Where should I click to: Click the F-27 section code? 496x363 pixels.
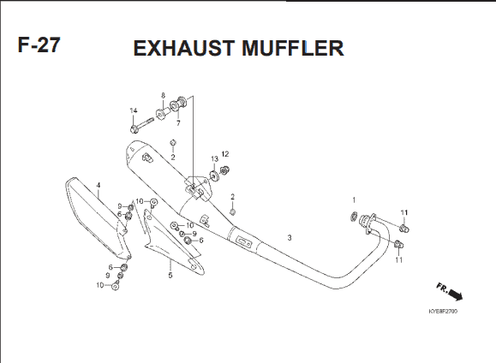point(39,45)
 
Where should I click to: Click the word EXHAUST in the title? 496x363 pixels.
point(184,49)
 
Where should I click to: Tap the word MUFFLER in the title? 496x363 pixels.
point(293,49)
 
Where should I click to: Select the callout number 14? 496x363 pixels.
point(134,110)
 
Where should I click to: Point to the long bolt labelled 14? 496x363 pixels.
point(141,124)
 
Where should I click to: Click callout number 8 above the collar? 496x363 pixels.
point(164,95)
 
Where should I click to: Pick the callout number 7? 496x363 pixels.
point(178,123)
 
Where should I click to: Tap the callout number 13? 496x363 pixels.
point(214,158)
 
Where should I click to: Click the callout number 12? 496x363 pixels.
point(225,154)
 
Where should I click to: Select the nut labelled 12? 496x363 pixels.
point(224,170)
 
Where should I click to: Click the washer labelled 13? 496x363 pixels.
point(214,175)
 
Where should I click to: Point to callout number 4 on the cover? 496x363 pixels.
point(99,185)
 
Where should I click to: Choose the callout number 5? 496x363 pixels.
point(170,276)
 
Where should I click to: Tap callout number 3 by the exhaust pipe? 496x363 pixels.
point(290,237)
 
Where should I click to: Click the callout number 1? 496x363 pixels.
point(354,199)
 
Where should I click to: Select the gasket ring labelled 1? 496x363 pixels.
point(354,217)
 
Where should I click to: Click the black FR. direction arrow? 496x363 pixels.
point(456,295)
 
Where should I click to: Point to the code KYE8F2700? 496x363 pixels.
point(443,312)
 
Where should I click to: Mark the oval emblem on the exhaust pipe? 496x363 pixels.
point(244,242)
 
